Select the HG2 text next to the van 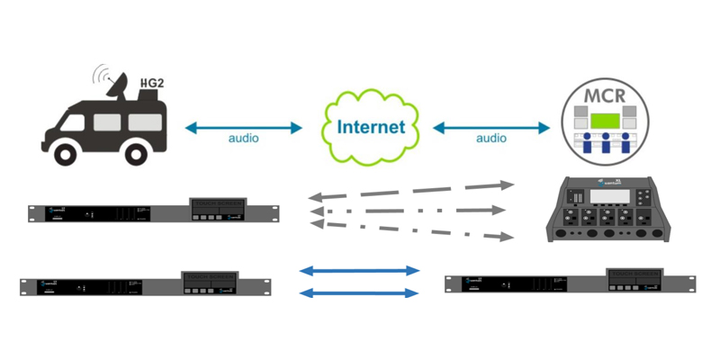coord(150,85)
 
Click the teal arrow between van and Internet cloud coord(244,128)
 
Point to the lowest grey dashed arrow coord(409,227)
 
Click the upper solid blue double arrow coord(360,270)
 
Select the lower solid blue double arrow coord(360,292)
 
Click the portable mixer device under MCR coord(611,209)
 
